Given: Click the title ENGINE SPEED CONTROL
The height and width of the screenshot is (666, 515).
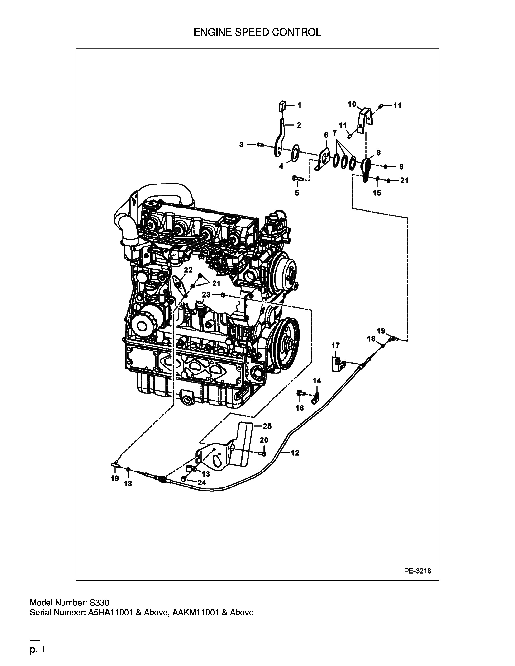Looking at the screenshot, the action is pos(257,32).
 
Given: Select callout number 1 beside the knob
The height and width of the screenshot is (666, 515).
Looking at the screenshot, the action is pos(299,105).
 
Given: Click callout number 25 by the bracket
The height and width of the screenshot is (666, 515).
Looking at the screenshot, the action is pos(267,426).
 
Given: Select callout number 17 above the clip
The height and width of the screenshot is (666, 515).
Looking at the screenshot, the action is pos(335,345).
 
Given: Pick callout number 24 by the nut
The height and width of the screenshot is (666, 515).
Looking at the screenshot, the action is pos(202,482).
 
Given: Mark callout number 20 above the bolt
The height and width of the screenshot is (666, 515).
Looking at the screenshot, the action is pos(264,440).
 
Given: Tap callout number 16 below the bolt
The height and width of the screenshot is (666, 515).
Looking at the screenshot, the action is pos(300,408).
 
